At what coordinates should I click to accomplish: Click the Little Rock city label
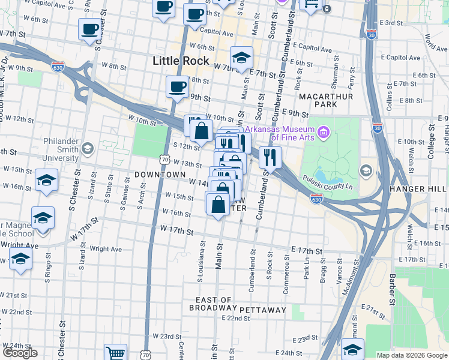[181, 61]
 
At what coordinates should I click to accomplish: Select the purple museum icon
[324, 131]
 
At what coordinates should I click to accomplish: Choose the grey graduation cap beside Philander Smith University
[88, 148]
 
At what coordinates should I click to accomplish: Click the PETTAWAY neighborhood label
[263, 310]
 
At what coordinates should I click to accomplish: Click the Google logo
[20, 353]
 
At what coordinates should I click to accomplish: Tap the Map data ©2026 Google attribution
[412, 355]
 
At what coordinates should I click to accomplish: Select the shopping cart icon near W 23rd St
[115, 352]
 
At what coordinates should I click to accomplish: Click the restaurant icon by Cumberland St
[270, 157]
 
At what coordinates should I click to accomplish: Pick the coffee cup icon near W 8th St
[177, 86]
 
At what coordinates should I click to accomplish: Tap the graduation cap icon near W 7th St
[241, 58]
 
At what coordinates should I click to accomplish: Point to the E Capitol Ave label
[312, 49]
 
